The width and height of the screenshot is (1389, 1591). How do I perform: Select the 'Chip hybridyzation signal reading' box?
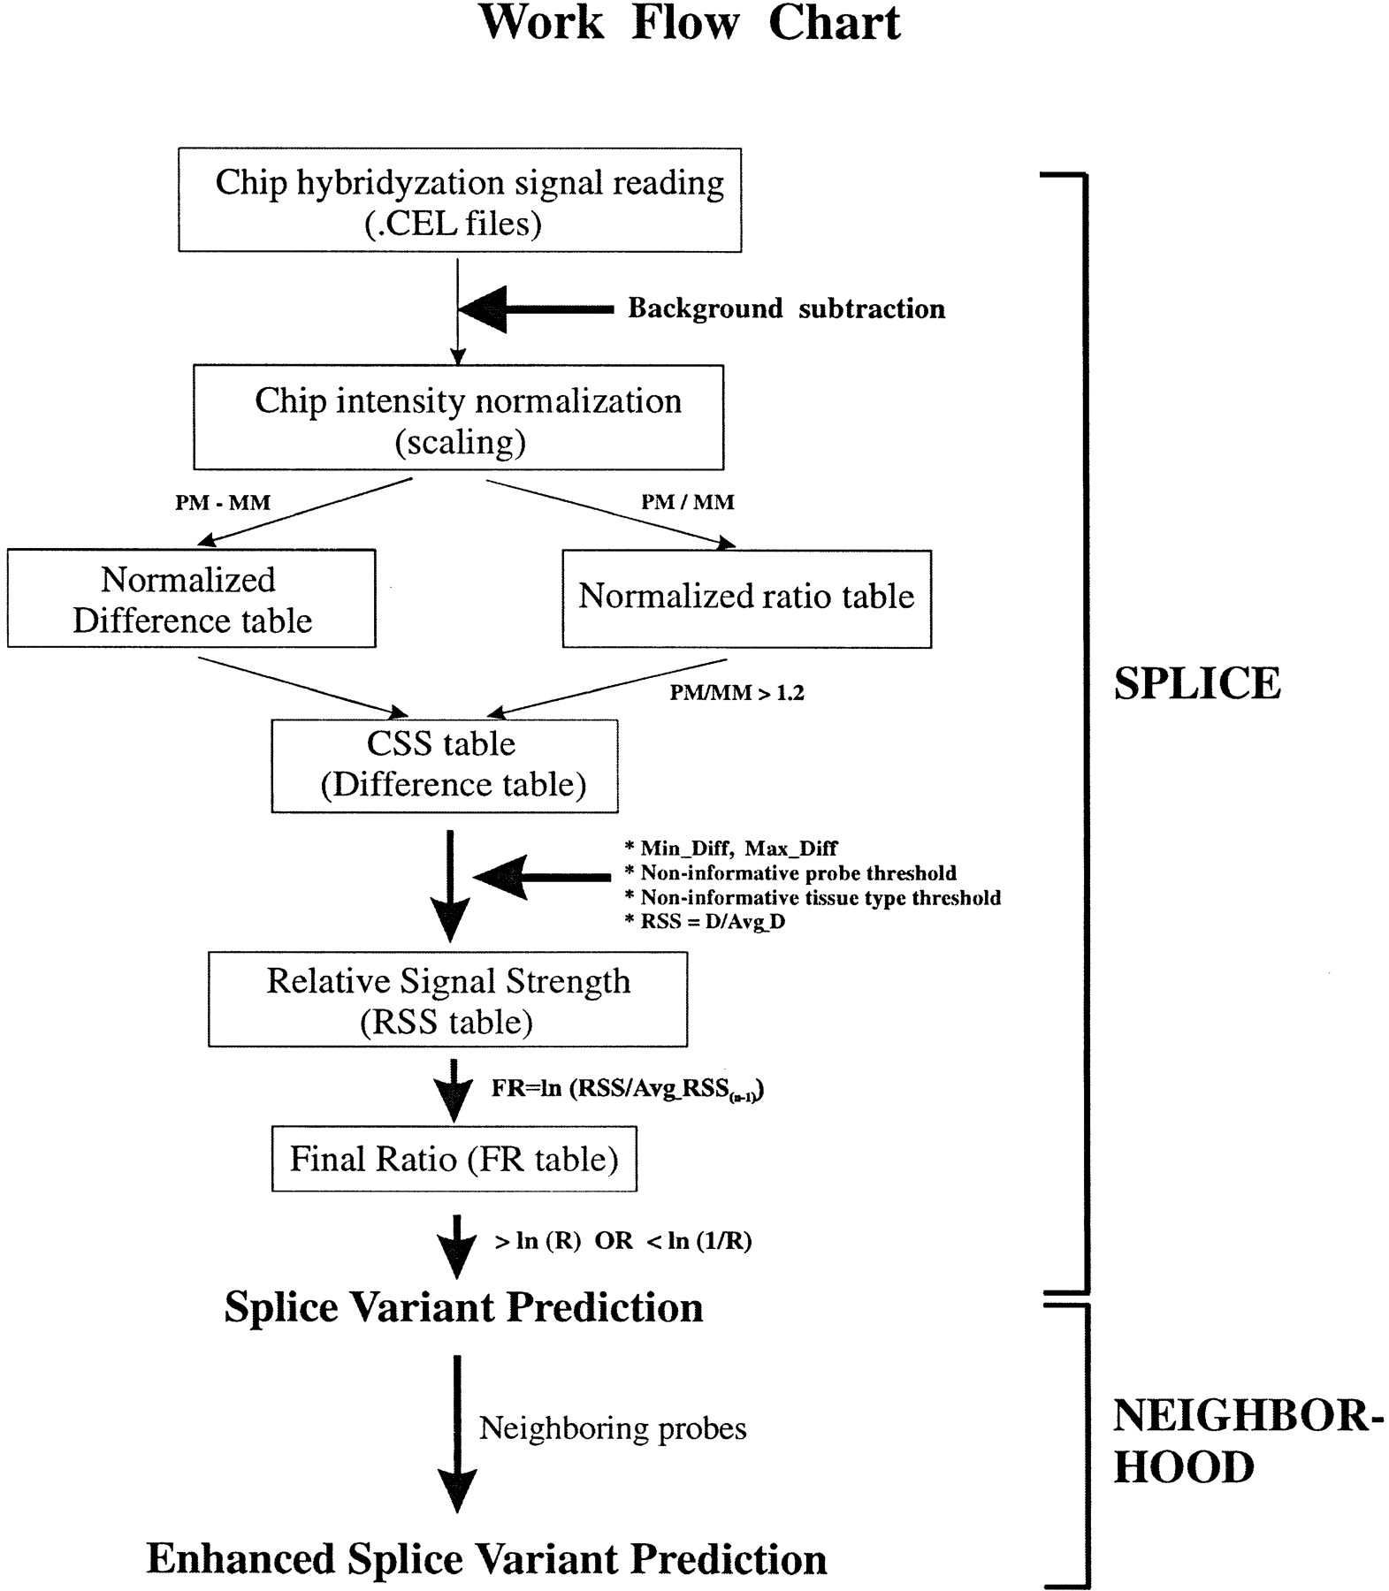coord(460,200)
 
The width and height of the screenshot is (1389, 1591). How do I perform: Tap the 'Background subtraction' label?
coord(787,308)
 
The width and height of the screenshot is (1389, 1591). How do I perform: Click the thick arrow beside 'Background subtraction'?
coord(536,309)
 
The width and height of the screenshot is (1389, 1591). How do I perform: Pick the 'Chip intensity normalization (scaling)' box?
coord(459,417)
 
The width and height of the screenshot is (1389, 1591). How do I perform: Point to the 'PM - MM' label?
coord(223,503)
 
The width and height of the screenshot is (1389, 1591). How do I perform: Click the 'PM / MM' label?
coord(688,502)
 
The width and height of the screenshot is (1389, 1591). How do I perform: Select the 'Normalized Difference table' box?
coord(192,598)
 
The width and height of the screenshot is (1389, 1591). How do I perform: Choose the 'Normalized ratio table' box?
coord(747,599)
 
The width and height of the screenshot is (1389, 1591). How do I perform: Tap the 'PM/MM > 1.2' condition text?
coord(736,693)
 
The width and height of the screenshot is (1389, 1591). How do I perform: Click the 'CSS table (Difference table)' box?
coord(445,766)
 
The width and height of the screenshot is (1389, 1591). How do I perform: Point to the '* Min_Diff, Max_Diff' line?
coord(731,849)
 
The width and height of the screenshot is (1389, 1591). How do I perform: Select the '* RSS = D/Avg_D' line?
coord(705,922)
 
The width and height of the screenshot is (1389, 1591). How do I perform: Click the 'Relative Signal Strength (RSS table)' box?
coord(448,1000)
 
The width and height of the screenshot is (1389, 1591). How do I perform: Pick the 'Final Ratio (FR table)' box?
coord(454,1159)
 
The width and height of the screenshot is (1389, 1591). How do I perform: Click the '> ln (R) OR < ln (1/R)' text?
coord(622,1241)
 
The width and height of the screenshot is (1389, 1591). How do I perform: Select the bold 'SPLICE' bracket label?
coord(1197,683)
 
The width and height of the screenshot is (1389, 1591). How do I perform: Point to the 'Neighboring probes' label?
coord(613,1428)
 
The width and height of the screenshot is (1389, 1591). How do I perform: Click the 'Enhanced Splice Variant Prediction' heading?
coord(486,1559)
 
